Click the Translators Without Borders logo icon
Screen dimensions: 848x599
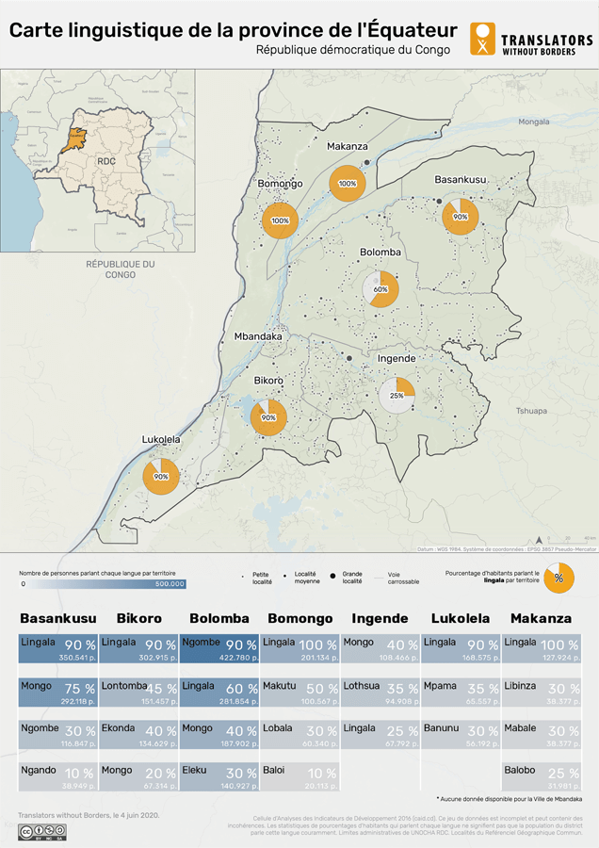[482, 40]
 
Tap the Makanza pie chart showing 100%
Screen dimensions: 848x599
[347, 183]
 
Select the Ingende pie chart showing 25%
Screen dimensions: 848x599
[397, 395]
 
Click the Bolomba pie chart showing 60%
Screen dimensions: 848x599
[380, 289]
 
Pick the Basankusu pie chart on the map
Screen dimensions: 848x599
[461, 216]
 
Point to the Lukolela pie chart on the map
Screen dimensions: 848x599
[161, 476]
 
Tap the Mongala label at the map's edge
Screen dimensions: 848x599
[533, 122]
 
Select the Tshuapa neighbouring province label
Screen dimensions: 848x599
[531, 411]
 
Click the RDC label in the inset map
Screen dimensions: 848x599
[105, 161]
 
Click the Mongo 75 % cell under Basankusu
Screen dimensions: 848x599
[57, 693]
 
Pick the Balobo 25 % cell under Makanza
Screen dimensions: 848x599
[542, 777]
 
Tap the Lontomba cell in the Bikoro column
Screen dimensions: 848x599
[140, 693]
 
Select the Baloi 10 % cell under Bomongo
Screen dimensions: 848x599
[298, 777]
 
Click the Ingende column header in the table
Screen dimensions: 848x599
[380, 619]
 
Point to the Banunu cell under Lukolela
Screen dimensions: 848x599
[461, 735]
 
